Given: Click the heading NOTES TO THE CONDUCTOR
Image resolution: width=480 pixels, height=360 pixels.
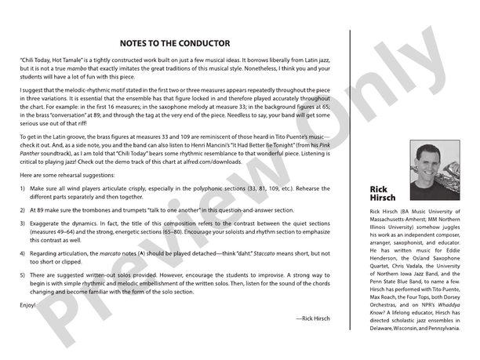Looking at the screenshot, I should (175, 43).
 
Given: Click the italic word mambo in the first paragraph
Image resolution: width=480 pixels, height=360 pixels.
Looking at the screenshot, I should (98, 69).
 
